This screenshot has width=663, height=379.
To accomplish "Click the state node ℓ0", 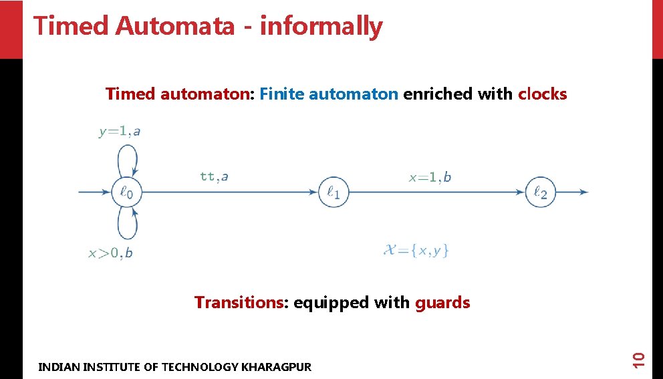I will click(126, 193).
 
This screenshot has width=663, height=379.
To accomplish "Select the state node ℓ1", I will click(334, 193).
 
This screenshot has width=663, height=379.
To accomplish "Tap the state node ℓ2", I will click(540, 193).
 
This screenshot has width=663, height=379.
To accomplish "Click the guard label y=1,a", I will click(120, 132).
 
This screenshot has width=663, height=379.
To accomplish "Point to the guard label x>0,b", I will click(110, 253).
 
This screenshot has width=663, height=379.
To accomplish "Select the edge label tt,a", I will click(214, 176).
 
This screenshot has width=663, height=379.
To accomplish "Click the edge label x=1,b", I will click(430, 177).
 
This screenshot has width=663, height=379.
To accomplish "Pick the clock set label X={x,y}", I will click(416, 250).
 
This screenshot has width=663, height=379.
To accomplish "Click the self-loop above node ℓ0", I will click(127, 158).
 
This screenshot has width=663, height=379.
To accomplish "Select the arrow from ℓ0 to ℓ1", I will click(227, 193).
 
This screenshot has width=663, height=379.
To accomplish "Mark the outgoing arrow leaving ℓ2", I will click(571, 193).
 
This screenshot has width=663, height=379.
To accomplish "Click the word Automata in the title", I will click(175, 26).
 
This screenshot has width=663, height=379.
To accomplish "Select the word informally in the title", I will click(321, 26).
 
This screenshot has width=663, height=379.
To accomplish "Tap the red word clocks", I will click(542, 94).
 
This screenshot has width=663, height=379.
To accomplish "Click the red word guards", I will click(442, 303).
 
